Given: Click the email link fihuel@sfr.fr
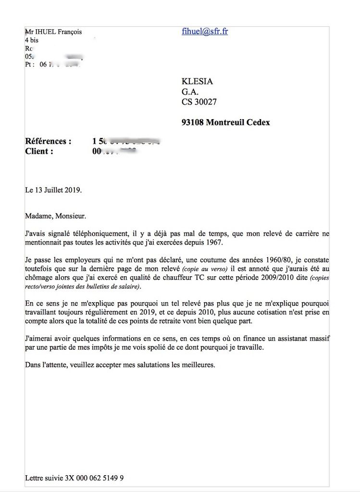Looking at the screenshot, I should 205,32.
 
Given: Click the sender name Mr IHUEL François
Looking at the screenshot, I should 53,32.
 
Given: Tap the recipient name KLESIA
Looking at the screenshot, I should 197,81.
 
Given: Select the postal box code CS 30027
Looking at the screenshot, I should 199,101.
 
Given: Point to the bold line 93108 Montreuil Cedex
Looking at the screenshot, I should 225,123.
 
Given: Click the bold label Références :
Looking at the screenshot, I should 48,141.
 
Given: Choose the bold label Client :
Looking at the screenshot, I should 39,151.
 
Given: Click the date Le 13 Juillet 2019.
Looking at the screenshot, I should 53,190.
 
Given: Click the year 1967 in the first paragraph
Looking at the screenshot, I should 225,242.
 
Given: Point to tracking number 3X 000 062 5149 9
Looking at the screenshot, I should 94,478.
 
